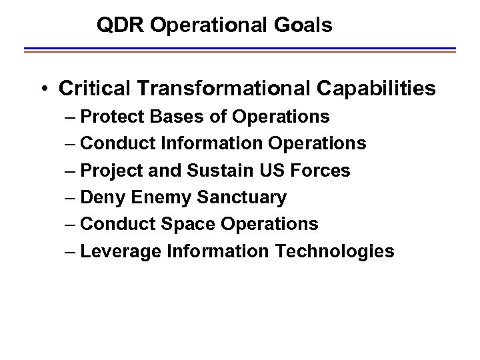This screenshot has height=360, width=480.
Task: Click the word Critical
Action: (93, 88)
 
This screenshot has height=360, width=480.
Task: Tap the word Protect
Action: (115, 117)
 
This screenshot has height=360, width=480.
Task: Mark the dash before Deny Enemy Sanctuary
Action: (71, 197)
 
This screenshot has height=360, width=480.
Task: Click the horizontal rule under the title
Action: (240, 50)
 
